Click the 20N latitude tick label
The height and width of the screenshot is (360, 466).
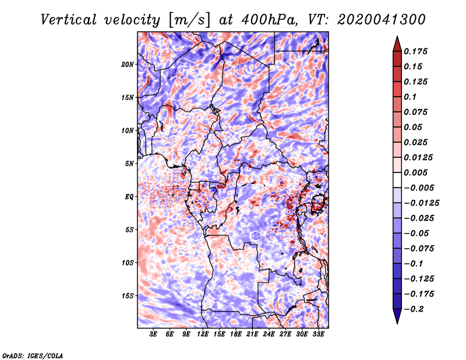[128, 65]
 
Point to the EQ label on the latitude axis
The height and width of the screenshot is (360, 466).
[129, 197]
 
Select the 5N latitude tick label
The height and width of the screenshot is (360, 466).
[129, 164]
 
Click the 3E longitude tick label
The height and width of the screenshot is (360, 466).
[153, 334]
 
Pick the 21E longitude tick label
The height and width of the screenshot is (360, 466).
[252, 334]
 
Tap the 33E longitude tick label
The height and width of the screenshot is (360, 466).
[318, 334]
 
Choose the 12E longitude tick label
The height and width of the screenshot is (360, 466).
[203, 334]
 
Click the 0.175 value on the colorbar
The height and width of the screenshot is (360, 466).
[415, 51]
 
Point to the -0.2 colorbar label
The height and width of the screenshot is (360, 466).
[414, 309]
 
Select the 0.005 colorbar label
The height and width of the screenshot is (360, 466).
[415, 172]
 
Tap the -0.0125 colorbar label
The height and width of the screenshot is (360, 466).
[421, 203]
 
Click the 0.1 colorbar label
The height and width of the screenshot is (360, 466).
[410, 97]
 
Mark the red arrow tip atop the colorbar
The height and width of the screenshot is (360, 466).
[397, 36]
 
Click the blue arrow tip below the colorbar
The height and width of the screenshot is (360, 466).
[397, 323]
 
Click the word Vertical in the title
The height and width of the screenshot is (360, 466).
[69, 20]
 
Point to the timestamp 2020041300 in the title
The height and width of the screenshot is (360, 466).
[382, 20]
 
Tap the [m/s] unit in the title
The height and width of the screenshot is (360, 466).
[189, 20]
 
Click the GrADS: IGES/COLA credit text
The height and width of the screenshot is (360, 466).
[33, 355]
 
